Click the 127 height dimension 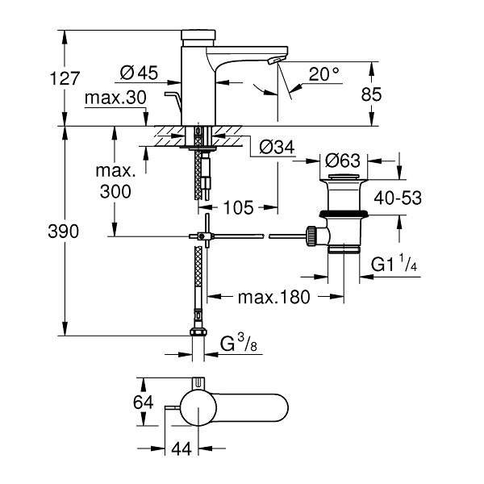[65, 78]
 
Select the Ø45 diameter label [139, 73]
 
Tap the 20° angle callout [323, 74]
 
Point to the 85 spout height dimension [371, 94]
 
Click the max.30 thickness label [115, 98]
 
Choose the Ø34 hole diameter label [277, 147]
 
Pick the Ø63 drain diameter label [343, 161]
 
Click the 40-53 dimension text [398, 198]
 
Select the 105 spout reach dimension [238, 207]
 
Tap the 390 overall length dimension [64, 232]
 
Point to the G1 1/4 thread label [394, 263]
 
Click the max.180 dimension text [274, 297]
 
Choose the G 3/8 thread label [239, 343]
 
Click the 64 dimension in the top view [144, 403]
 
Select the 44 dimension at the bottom [181, 449]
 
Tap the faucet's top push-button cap [198, 35]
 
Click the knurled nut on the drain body [311, 236]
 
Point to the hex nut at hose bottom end [198, 332]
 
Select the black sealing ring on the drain [344, 214]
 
